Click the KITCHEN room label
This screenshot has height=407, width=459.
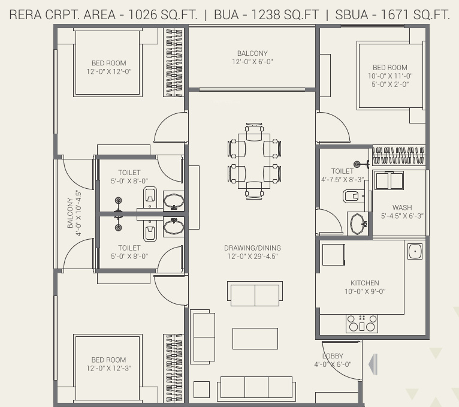click(x=364, y=283)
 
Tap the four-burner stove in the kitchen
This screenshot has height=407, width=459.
click(x=362, y=324)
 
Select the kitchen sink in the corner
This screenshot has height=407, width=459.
click(x=414, y=251)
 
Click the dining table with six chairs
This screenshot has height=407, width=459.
click(x=254, y=160)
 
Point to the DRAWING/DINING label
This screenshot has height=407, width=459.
click(x=252, y=248)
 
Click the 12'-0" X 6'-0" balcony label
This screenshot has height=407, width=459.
click(x=252, y=62)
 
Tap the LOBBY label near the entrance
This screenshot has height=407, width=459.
click(x=333, y=355)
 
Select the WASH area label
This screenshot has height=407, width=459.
click(x=402, y=207)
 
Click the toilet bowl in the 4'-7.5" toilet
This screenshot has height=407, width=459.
click(x=351, y=195)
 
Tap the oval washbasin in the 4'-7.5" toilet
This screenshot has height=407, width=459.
click(x=358, y=224)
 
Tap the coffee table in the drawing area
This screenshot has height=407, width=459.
click(x=255, y=338)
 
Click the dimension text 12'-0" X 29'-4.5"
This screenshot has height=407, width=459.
click(x=252, y=257)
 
